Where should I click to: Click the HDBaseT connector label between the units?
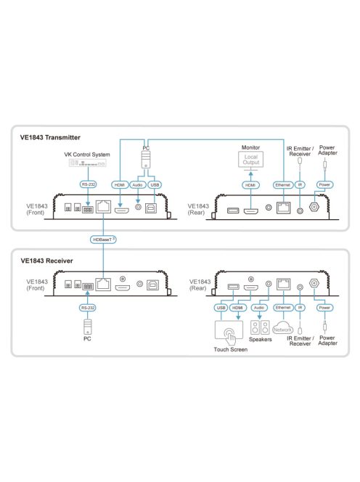click(x=103, y=240)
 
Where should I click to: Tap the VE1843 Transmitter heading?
click(x=50, y=137)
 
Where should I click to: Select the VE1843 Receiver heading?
click(x=46, y=261)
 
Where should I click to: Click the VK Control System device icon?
click(x=88, y=163)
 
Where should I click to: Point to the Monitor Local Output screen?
click(x=251, y=160)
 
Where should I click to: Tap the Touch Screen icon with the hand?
click(x=229, y=332)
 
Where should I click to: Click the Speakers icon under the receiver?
click(x=260, y=327)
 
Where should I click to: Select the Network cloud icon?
click(x=282, y=327)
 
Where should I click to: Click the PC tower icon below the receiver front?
click(x=88, y=327)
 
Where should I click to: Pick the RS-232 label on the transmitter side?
click(x=88, y=184)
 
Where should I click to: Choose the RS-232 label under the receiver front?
click(x=88, y=308)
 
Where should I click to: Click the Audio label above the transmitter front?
click(x=137, y=185)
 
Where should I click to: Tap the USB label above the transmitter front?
click(x=155, y=185)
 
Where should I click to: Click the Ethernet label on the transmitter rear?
click(x=283, y=185)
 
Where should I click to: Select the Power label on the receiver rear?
click(x=324, y=308)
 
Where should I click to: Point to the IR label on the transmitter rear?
click(x=300, y=185)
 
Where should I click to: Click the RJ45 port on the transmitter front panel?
click(x=103, y=206)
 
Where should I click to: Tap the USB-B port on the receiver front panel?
click(x=153, y=285)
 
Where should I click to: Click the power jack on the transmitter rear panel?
click(x=314, y=207)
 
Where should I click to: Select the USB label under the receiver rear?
click(x=221, y=308)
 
